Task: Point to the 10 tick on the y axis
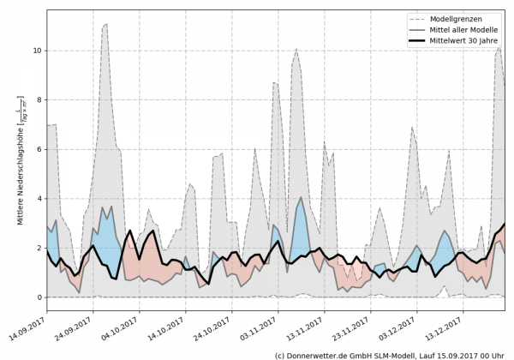[x=37, y=51]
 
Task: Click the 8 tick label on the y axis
[x=39, y=100]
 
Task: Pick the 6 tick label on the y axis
[x=39, y=149]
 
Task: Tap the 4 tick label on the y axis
[x=39, y=199]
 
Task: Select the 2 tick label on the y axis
[x=39, y=248]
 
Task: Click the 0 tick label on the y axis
[x=39, y=297]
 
